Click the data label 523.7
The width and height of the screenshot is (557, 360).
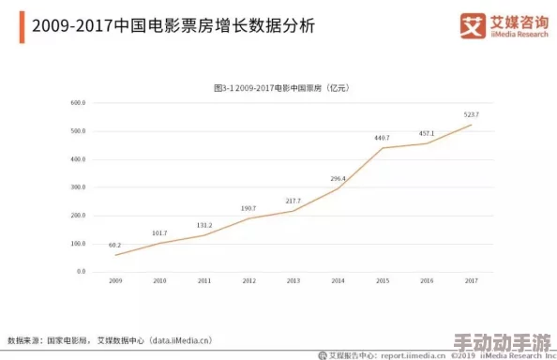pyautogui.click(x=471, y=114)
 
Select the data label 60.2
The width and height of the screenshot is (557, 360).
pyautogui.click(x=114, y=245)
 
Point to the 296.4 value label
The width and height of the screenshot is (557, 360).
pyautogui.click(x=338, y=178)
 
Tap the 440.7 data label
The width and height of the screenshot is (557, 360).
pyautogui.click(x=382, y=138)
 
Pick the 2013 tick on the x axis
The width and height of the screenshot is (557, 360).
pyautogui.click(x=294, y=280)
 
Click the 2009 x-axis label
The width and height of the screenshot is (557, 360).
pyautogui.click(x=115, y=280)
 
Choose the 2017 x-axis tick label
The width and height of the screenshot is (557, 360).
pyautogui.click(x=471, y=280)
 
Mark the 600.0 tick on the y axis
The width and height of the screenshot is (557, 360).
pyautogui.click(x=78, y=102)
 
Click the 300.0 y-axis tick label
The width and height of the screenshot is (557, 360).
pyautogui.click(x=78, y=187)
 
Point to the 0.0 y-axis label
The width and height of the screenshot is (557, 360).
pyautogui.click(x=81, y=272)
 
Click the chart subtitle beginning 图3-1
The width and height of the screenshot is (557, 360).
pyautogui.click(x=281, y=87)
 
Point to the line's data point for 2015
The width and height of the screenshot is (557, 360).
pyautogui.click(x=382, y=148)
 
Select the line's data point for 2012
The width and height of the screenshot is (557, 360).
pyautogui.click(x=248, y=218)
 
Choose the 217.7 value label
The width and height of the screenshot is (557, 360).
pyautogui.click(x=294, y=201)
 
